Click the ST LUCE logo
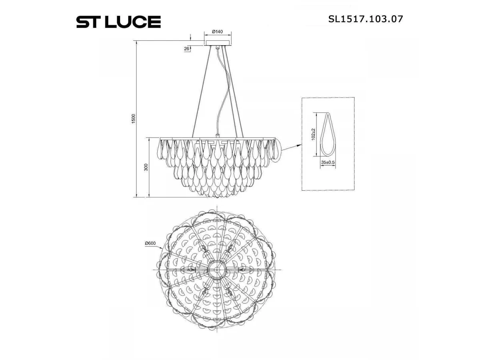pos(118,22)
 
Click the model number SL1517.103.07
pos(365,19)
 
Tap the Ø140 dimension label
pos(217,32)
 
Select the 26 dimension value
pos(186,49)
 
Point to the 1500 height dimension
pos(134,119)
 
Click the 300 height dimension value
pos(146,167)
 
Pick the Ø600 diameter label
pos(150,243)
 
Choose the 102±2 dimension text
pos(313,134)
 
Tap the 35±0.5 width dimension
pos(328,162)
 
